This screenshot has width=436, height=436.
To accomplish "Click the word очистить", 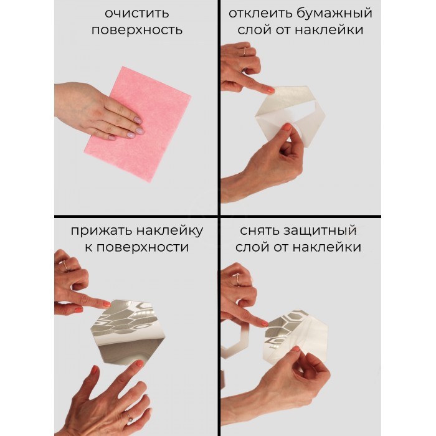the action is pos(137,13).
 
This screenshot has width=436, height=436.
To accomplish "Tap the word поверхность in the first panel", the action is pos(137,31).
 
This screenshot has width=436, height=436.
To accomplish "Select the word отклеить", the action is pos(260,13).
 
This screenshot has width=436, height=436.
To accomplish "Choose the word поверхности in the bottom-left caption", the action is pos(143,247).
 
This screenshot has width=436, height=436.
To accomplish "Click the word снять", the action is pos(258,231).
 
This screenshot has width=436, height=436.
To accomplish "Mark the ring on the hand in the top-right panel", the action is pos(245,52).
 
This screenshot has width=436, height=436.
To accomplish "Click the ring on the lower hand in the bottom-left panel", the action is pos(128,416).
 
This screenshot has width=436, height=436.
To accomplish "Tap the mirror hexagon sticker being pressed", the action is pos(128,332).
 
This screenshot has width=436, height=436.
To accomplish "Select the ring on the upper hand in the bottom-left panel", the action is pos(65,265).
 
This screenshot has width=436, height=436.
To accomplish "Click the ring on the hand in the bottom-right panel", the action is pos(238,279).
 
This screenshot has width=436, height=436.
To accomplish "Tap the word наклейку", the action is pos(169,231).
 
